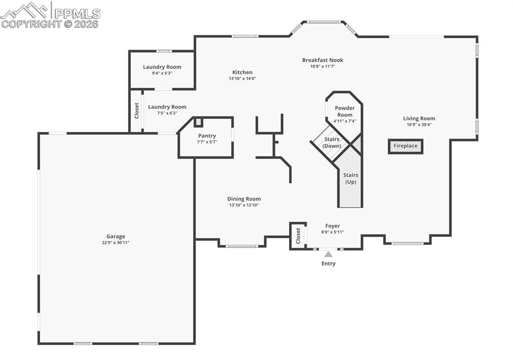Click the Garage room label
(116, 236)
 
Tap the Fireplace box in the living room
(405, 146)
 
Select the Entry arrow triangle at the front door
(328, 254)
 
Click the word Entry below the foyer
(329, 264)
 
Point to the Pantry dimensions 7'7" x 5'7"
(207, 142)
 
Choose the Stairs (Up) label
(351, 178)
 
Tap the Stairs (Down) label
(332, 142)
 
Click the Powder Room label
(345, 111)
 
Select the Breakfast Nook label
(323, 60)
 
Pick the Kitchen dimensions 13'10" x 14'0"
(242, 78)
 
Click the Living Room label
(419, 119)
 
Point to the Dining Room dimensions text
(244, 205)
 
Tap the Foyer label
(333, 226)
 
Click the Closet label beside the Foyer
(298, 235)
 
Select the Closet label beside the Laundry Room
(136, 111)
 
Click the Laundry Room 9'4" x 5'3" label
(162, 67)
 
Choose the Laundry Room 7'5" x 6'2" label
(167, 107)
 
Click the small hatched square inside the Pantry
(198, 122)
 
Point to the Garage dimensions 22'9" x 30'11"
(116, 243)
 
